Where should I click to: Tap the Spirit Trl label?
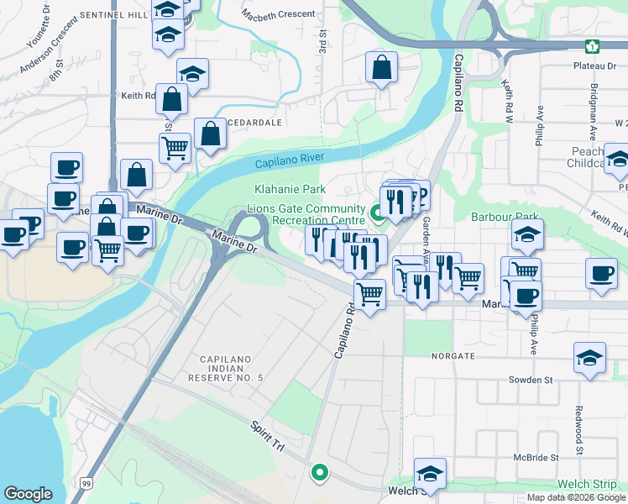coord(266,438)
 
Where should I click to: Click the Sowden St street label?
coord(531,380)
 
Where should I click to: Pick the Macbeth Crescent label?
coord(278,14)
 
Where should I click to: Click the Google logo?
coord(28,493)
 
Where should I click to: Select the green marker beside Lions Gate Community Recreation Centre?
coord(377,212)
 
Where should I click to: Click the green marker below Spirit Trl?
coord(319,472)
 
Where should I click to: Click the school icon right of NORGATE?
coord(589,357)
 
